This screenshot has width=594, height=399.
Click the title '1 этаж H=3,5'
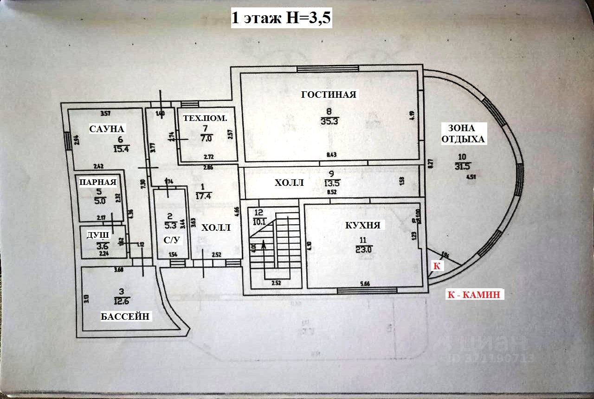pos(281,19)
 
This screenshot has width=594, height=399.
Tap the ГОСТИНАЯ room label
pos(329,95)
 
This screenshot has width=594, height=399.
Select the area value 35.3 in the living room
pos(329,122)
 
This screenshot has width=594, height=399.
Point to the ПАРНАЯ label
pos(97,182)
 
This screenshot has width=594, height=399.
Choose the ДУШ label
pos(98,235)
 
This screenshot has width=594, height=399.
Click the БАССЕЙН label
pos(125,317)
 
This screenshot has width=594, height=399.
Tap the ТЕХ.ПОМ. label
pos(205,118)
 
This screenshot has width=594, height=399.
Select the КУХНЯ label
pos(363,226)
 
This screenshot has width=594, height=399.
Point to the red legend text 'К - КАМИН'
pos(475,294)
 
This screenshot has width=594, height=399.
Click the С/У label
pos(172,240)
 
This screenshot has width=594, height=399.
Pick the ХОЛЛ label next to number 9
pos(289,183)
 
